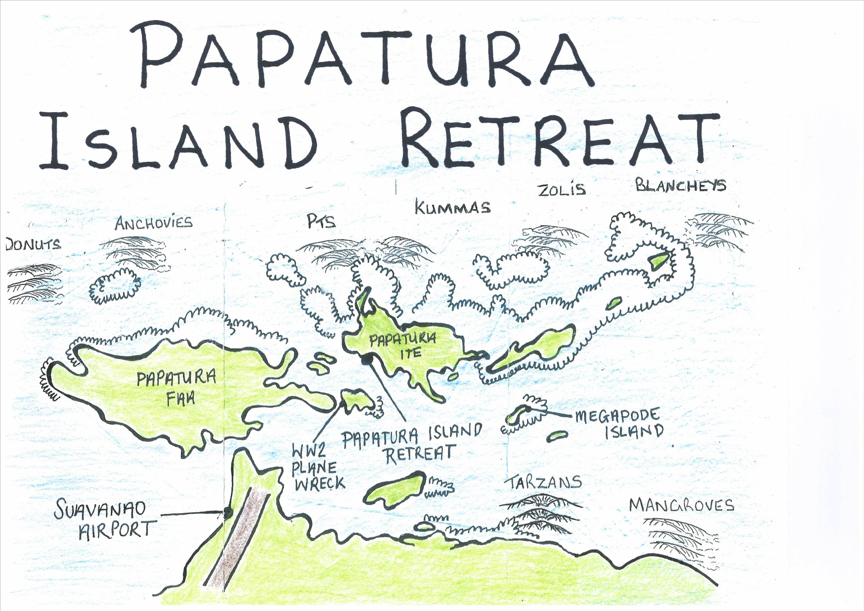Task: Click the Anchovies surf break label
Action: [x=153, y=223]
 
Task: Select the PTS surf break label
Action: [x=321, y=223]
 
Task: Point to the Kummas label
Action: [x=453, y=207]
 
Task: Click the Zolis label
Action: [x=561, y=190]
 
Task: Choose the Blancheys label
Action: [x=680, y=185]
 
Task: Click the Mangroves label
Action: [x=681, y=505]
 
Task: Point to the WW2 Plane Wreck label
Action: [x=319, y=468]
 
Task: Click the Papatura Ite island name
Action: [x=403, y=346]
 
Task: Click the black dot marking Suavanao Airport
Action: [x=227, y=511]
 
